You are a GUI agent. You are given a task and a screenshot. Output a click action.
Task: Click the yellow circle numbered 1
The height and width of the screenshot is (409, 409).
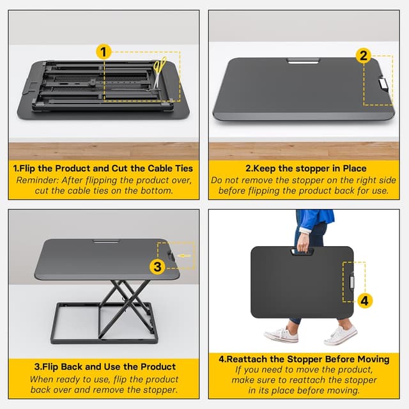point(104,52)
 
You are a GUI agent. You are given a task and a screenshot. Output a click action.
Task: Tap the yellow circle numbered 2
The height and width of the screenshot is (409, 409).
point(364,56)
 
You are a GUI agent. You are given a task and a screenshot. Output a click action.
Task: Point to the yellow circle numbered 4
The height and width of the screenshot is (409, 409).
point(364,300)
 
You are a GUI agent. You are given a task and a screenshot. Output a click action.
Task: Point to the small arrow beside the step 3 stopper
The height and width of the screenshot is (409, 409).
point(183,256)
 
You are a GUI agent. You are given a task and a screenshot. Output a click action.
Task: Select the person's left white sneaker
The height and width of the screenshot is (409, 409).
point(281,334)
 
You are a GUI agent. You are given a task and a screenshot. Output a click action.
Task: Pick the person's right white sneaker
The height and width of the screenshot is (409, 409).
point(341,334)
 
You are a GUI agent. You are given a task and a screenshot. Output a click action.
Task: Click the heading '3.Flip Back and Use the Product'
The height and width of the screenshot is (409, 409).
point(104,366)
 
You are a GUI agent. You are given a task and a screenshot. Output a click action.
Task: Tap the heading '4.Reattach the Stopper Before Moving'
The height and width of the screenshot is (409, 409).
point(304,359)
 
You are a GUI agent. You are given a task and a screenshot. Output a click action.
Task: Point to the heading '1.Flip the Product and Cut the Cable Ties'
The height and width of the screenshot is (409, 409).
point(104,169)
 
